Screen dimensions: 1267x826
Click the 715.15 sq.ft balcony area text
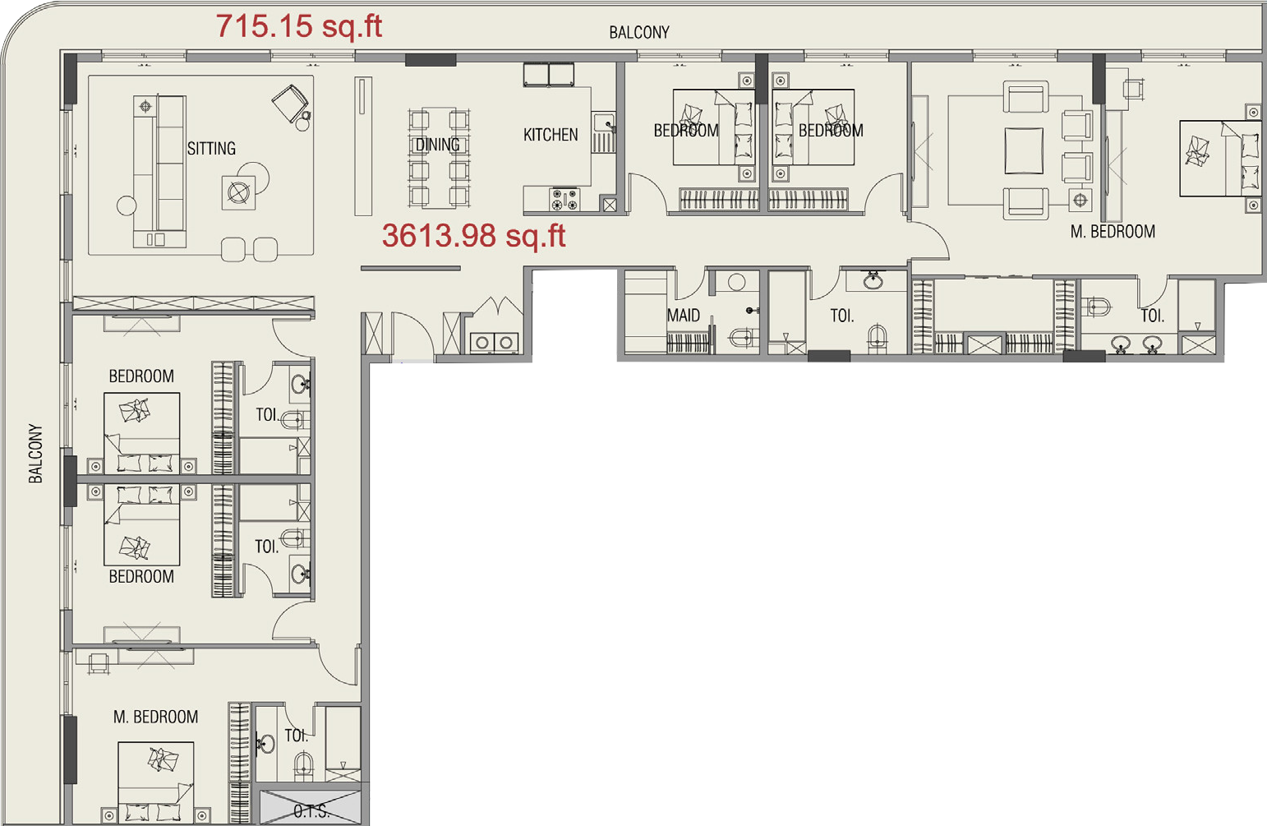click(298, 26)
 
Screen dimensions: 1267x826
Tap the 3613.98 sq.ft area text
click(473, 236)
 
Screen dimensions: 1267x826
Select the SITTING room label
click(211, 148)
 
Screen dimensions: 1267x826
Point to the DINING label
click(437, 145)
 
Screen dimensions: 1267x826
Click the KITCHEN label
click(551, 135)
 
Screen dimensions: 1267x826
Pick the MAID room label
click(684, 315)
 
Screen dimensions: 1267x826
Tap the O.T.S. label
click(311, 811)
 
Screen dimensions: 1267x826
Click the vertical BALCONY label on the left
click(35, 454)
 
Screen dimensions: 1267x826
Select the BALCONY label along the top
click(639, 32)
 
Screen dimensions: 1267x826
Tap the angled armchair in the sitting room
click(291, 103)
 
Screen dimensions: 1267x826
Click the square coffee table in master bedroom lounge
click(1024, 150)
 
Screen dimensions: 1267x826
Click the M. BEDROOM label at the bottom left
click(155, 717)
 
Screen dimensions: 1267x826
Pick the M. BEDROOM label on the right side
click(1113, 232)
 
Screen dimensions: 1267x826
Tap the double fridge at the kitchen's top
click(549, 75)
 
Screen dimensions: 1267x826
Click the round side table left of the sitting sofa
click(127, 205)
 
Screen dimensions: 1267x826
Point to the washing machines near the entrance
click(495, 342)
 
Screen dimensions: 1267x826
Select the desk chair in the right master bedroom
click(1133, 90)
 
